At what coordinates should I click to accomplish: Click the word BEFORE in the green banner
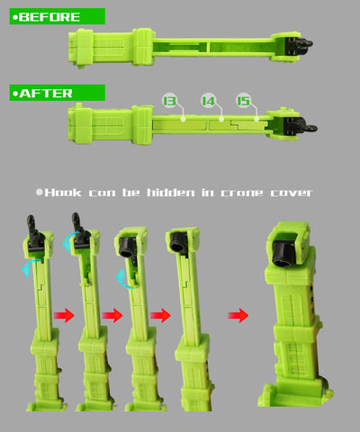pos(49,17)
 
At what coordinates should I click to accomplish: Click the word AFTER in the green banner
pos(46,94)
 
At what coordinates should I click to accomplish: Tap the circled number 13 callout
pos(169,101)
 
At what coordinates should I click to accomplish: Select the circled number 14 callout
pos(208,101)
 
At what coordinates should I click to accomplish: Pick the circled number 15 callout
pos(243,101)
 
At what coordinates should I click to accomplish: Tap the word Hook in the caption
pos(63,193)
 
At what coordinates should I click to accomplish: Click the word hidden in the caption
pos(170,193)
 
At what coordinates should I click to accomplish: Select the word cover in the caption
pos(292,193)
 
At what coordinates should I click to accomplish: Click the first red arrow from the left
pos(64,315)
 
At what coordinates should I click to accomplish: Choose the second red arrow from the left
pos(112,315)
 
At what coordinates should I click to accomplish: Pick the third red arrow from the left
pos(160,315)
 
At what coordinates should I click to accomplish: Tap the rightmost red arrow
pos(238,315)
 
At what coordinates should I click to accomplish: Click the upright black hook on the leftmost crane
pos(34,232)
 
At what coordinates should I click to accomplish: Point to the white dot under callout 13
pos(183,119)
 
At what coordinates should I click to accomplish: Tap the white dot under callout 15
pos(256,119)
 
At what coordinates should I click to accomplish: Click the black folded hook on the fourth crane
pos(179,244)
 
